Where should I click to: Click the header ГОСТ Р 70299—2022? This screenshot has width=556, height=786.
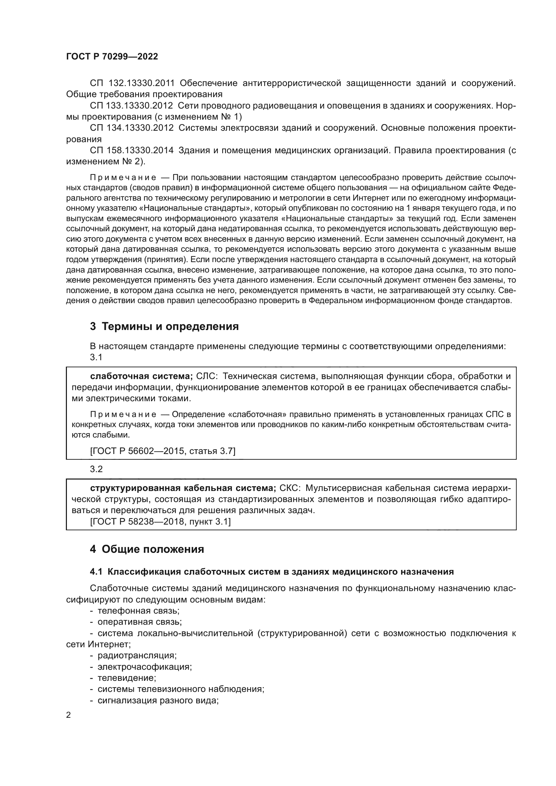112,57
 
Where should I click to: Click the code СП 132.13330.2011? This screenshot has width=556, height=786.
132,83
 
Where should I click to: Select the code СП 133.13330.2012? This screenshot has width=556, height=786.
131,106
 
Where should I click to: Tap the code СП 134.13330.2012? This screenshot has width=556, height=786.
132,128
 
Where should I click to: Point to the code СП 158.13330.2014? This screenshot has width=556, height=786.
132,150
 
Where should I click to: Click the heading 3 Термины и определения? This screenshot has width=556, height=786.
164,327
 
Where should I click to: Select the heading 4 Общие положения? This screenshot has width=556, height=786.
147,549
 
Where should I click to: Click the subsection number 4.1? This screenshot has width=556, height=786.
96,572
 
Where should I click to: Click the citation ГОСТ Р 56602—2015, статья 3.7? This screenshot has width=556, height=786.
163,451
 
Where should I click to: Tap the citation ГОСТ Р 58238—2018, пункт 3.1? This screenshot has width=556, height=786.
161,522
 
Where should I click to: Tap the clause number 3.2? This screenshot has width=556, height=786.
96,469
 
